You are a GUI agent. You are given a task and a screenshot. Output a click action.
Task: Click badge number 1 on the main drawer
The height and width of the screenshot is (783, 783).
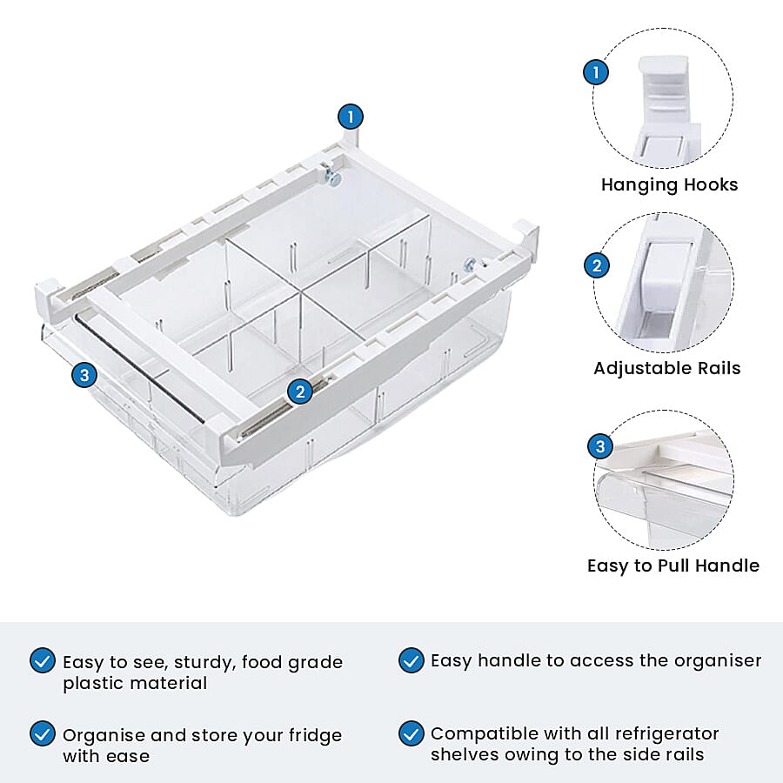351,117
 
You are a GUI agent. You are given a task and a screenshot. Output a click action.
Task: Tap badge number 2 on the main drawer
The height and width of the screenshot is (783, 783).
300,391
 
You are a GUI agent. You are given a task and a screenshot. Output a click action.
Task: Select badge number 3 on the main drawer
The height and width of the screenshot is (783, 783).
84,376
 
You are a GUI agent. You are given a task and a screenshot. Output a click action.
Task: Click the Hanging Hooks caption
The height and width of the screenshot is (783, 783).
669,184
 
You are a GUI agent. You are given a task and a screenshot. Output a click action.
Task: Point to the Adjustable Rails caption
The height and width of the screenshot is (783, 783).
667,368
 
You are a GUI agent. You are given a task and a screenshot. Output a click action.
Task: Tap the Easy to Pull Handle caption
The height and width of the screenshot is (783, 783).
673,565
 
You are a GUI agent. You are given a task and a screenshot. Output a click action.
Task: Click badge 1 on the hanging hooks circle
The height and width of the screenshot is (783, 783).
596,72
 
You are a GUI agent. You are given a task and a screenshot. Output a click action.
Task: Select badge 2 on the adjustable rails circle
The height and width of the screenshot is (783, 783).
597,265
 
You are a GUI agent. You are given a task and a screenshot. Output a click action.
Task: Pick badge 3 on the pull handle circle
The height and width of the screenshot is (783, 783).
600,447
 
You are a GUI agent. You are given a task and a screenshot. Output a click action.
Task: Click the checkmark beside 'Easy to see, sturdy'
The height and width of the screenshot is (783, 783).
42,660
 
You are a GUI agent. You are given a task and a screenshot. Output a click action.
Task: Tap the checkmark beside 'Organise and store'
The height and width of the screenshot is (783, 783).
42,733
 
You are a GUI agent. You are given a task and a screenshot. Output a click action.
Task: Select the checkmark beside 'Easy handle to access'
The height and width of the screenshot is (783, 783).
412,660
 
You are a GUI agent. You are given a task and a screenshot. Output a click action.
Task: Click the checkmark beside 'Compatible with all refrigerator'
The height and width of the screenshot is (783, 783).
412,733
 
